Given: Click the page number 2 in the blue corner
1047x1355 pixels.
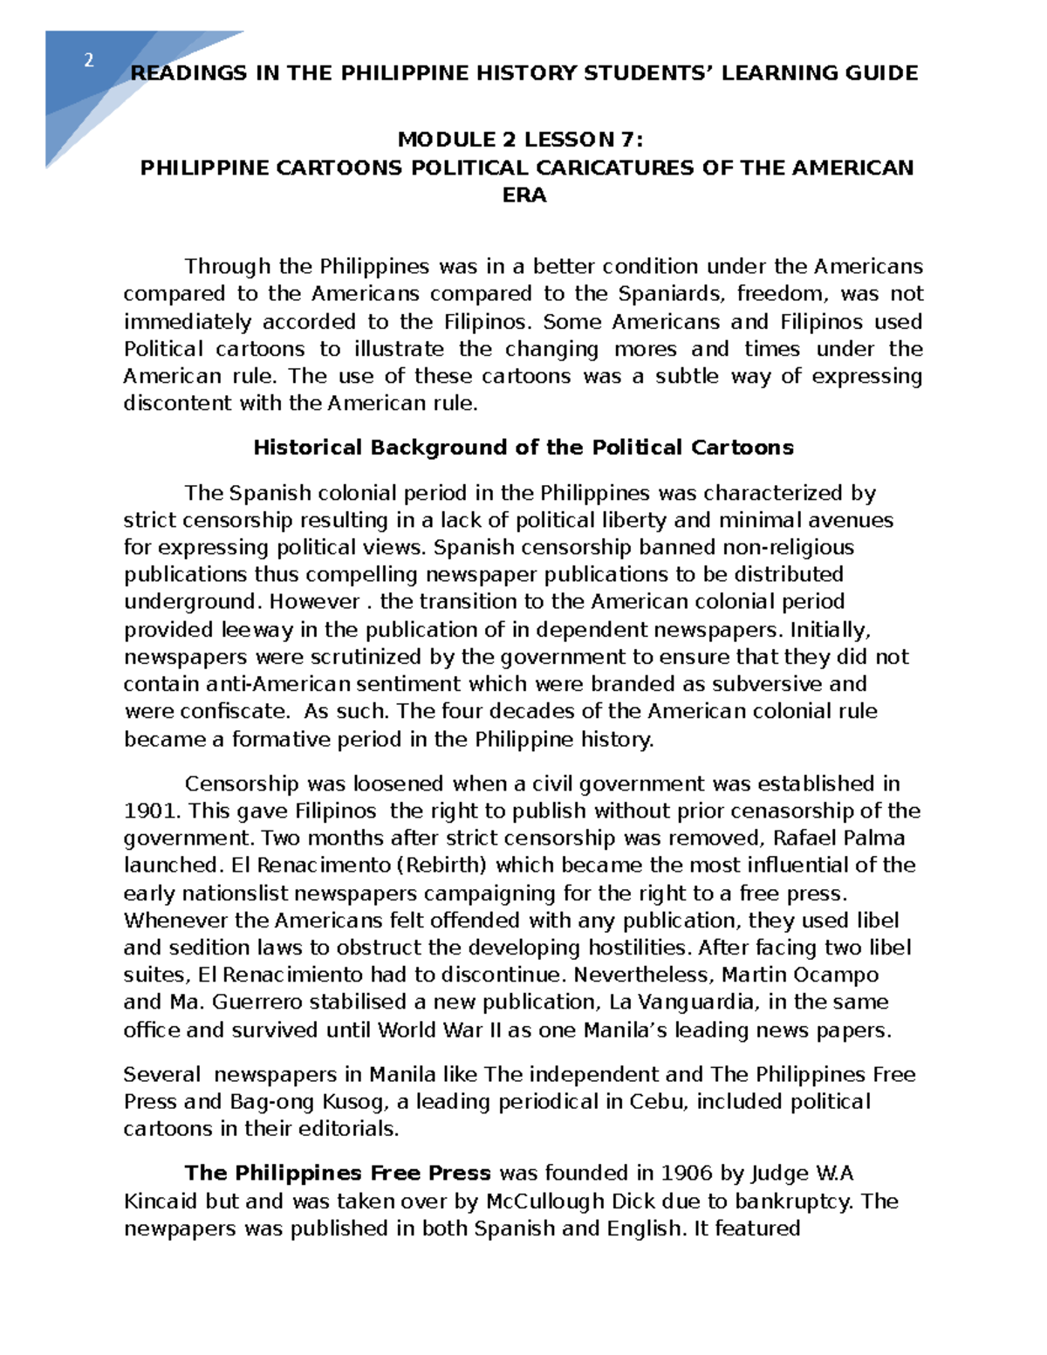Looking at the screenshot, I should tap(88, 61).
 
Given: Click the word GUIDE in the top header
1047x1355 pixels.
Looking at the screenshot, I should tap(881, 73).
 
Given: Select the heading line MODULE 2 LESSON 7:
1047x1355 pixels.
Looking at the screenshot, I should tap(523, 140).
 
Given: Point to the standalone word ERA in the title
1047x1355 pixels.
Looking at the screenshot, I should tap(524, 195).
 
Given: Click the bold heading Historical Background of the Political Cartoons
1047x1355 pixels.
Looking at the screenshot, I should tap(523, 448).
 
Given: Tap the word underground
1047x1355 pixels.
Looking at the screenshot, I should tap(192, 602).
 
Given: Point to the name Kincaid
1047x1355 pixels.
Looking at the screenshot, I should tap(161, 1201).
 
